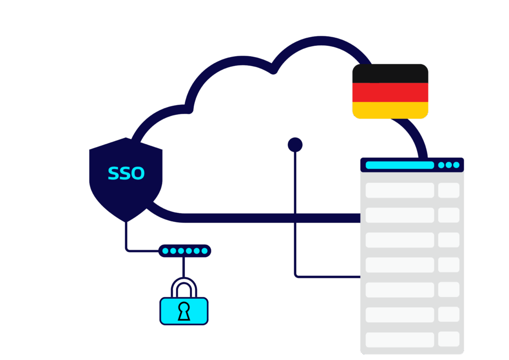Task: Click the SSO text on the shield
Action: pos(126,174)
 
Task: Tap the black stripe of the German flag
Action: pos(390,74)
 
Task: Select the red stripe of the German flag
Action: pos(390,92)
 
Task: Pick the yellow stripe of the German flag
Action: pos(390,110)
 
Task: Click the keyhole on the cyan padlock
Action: pos(184,311)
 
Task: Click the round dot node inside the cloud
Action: pos(295,145)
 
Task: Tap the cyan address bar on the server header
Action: pos(400,165)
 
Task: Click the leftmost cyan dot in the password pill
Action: pos(165,251)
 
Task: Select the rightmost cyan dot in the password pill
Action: pos(204,251)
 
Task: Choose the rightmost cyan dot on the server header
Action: pos(456,165)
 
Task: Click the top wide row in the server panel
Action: pos(400,190)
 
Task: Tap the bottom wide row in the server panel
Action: pos(400,340)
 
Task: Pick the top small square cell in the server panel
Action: pos(448,190)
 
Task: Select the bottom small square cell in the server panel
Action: pos(448,340)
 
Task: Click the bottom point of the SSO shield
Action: pos(126,220)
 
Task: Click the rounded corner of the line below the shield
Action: pos(128,249)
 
